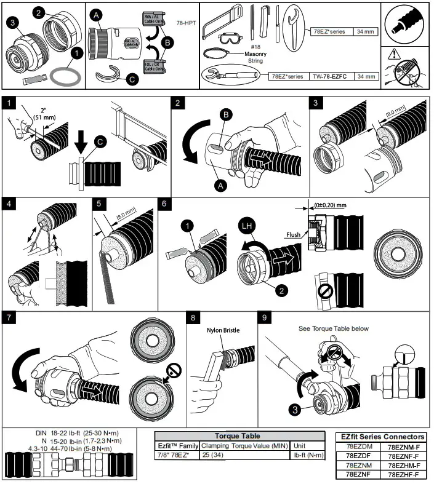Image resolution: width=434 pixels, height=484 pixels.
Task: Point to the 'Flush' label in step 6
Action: (x=292, y=234)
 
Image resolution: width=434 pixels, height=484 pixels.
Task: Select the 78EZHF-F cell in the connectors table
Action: (x=403, y=474)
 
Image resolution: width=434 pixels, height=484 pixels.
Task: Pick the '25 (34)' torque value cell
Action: (x=213, y=455)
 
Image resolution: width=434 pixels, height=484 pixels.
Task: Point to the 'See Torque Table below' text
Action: (x=333, y=328)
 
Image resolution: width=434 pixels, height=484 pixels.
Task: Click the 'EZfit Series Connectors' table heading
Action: (x=382, y=437)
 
